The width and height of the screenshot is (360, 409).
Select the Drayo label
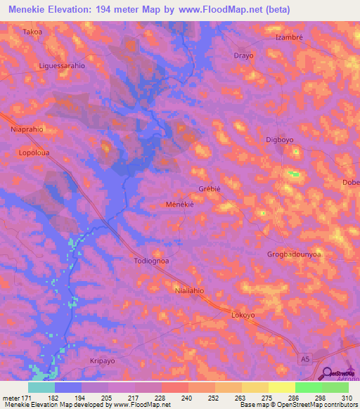coord(243,56)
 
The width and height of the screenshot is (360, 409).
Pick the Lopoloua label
coord(35,152)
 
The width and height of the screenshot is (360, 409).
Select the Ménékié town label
coord(179,203)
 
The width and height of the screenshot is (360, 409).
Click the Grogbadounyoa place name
coord(294,254)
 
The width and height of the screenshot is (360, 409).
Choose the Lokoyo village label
coord(243,316)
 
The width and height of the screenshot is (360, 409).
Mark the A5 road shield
coord(304,359)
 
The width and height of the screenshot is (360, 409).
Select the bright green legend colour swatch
coord(308,387)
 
